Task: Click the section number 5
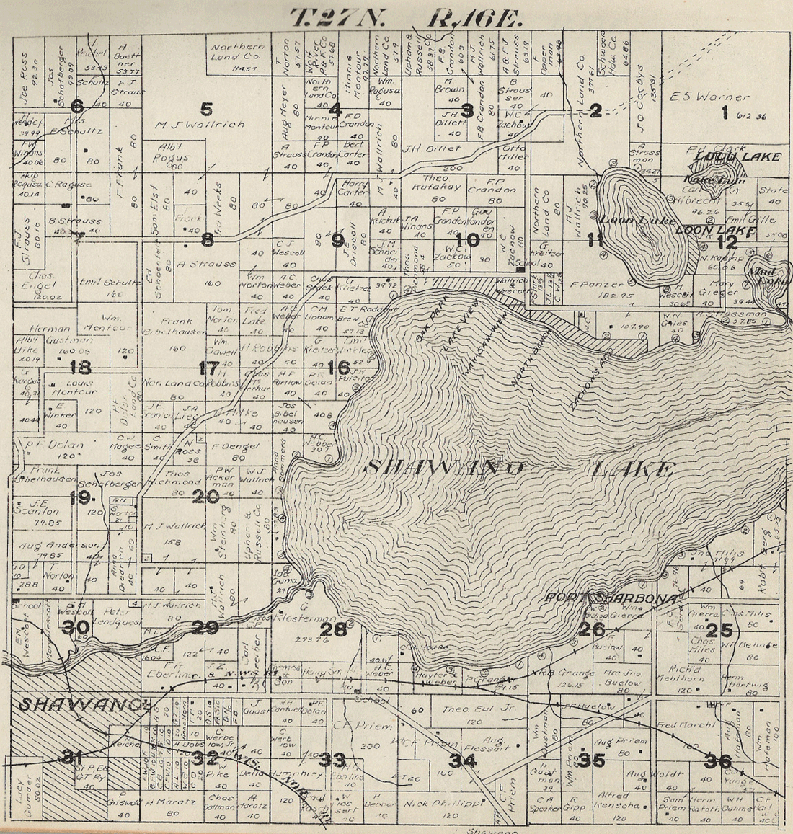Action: [207, 110]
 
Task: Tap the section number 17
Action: [208, 368]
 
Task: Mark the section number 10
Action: [467, 239]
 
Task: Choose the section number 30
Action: [76, 628]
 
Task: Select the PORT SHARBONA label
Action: [610, 598]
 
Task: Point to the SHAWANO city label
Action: [84, 704]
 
